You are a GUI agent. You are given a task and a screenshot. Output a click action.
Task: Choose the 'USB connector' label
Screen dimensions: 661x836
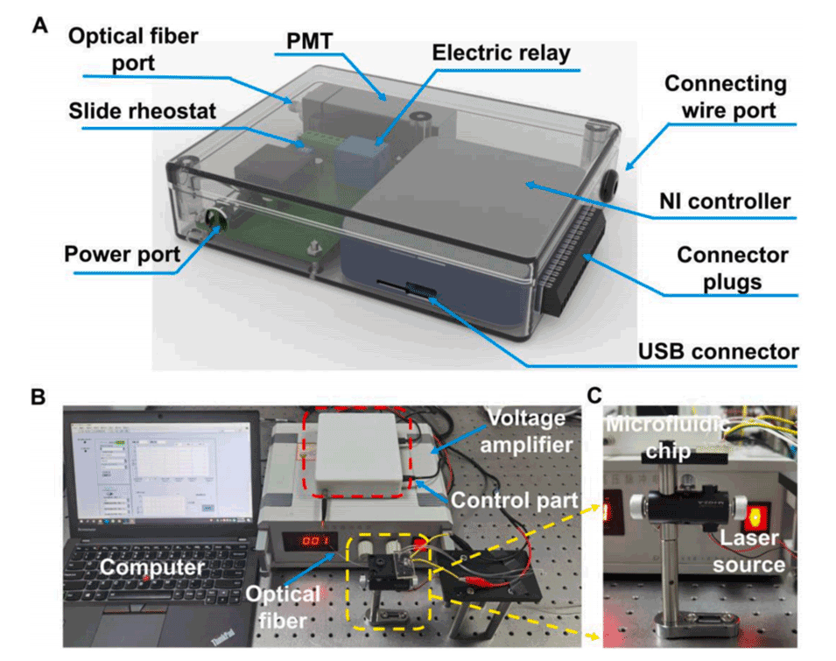(x=717, y=352)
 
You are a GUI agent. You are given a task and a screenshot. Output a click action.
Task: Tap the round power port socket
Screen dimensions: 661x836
(x=214, y=220)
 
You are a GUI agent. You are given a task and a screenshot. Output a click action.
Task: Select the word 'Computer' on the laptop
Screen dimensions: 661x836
(x=144, y=566)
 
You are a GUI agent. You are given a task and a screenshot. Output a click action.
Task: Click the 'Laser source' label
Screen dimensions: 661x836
(x=748, y=552)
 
